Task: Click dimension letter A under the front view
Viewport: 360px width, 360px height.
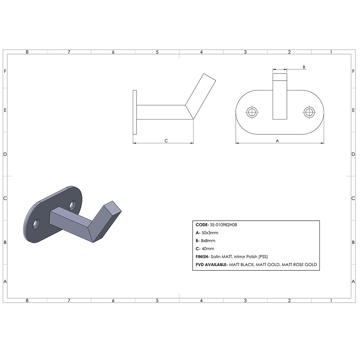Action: [x=277, y=141]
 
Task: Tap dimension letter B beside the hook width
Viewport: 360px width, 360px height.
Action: [x=304, y=67]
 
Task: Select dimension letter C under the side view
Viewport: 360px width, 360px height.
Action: [x=166, y=141]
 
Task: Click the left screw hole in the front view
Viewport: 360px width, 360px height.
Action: [x=252, y=112]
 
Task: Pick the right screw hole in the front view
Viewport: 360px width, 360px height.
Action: [x=309, y=112]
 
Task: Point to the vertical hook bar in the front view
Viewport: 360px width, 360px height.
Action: [x=280, y=97]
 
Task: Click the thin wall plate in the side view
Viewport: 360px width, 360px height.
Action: [x=135, y=112]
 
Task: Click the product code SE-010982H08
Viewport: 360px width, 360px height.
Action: [x=223, y=225]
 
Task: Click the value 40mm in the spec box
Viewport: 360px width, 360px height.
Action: [x=207, y=248]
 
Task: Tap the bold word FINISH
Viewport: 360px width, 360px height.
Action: [x=204, y=257]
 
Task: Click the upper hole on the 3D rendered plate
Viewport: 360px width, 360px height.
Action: [x=73, y=205]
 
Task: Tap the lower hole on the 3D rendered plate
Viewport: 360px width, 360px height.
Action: [x=36, y=224]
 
